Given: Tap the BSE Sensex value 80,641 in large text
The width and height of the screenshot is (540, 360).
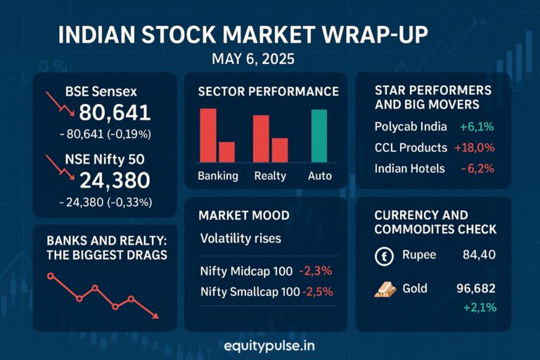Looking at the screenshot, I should click(x=114, y=113).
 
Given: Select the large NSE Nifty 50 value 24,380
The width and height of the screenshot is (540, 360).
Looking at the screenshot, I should click(x=114, y=181).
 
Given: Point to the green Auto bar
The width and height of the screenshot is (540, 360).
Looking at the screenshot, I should click(x=319, y=136).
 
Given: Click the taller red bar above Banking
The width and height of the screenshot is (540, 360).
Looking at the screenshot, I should click(x=208, y=135).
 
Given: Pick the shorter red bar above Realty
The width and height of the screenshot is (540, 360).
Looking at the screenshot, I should click(x=280, y=150).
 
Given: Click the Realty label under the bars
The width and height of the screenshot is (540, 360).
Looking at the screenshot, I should click(x=270, y=176).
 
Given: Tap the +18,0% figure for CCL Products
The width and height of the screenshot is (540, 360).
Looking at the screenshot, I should click(x=475, y=148).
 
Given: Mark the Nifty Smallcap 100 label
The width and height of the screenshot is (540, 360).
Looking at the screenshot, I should click(x=250, y=291).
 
